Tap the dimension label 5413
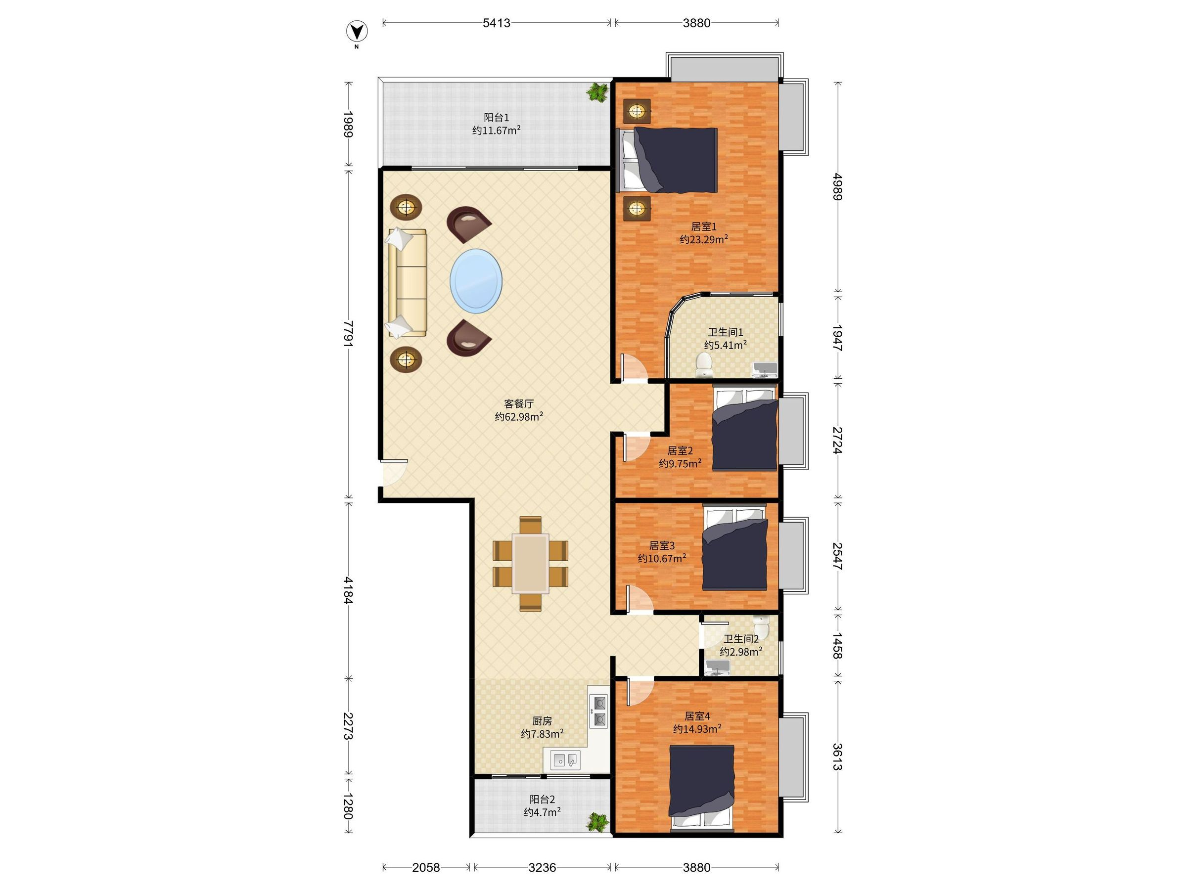pos(497,23)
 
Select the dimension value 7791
pos(349,334)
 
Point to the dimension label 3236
pos(542,867)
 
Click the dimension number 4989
pos(837,186)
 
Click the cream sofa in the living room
pos(406,283)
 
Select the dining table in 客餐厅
pos(530,563)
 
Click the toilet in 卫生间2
pos(761,626)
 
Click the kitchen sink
pos(566,760)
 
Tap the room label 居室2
pos(680,450)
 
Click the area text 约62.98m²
pos(519,416)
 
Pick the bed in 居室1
pos(669,160)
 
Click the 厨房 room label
pos(542,720)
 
